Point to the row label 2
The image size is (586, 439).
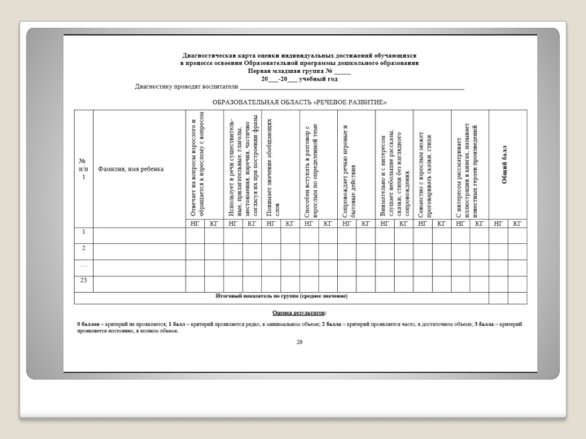click(x=84, y=248)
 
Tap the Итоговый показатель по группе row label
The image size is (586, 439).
click(x=281, y=296)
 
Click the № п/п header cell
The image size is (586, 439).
click(x=84, y=169)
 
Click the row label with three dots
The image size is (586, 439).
click(x=84, y=265)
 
